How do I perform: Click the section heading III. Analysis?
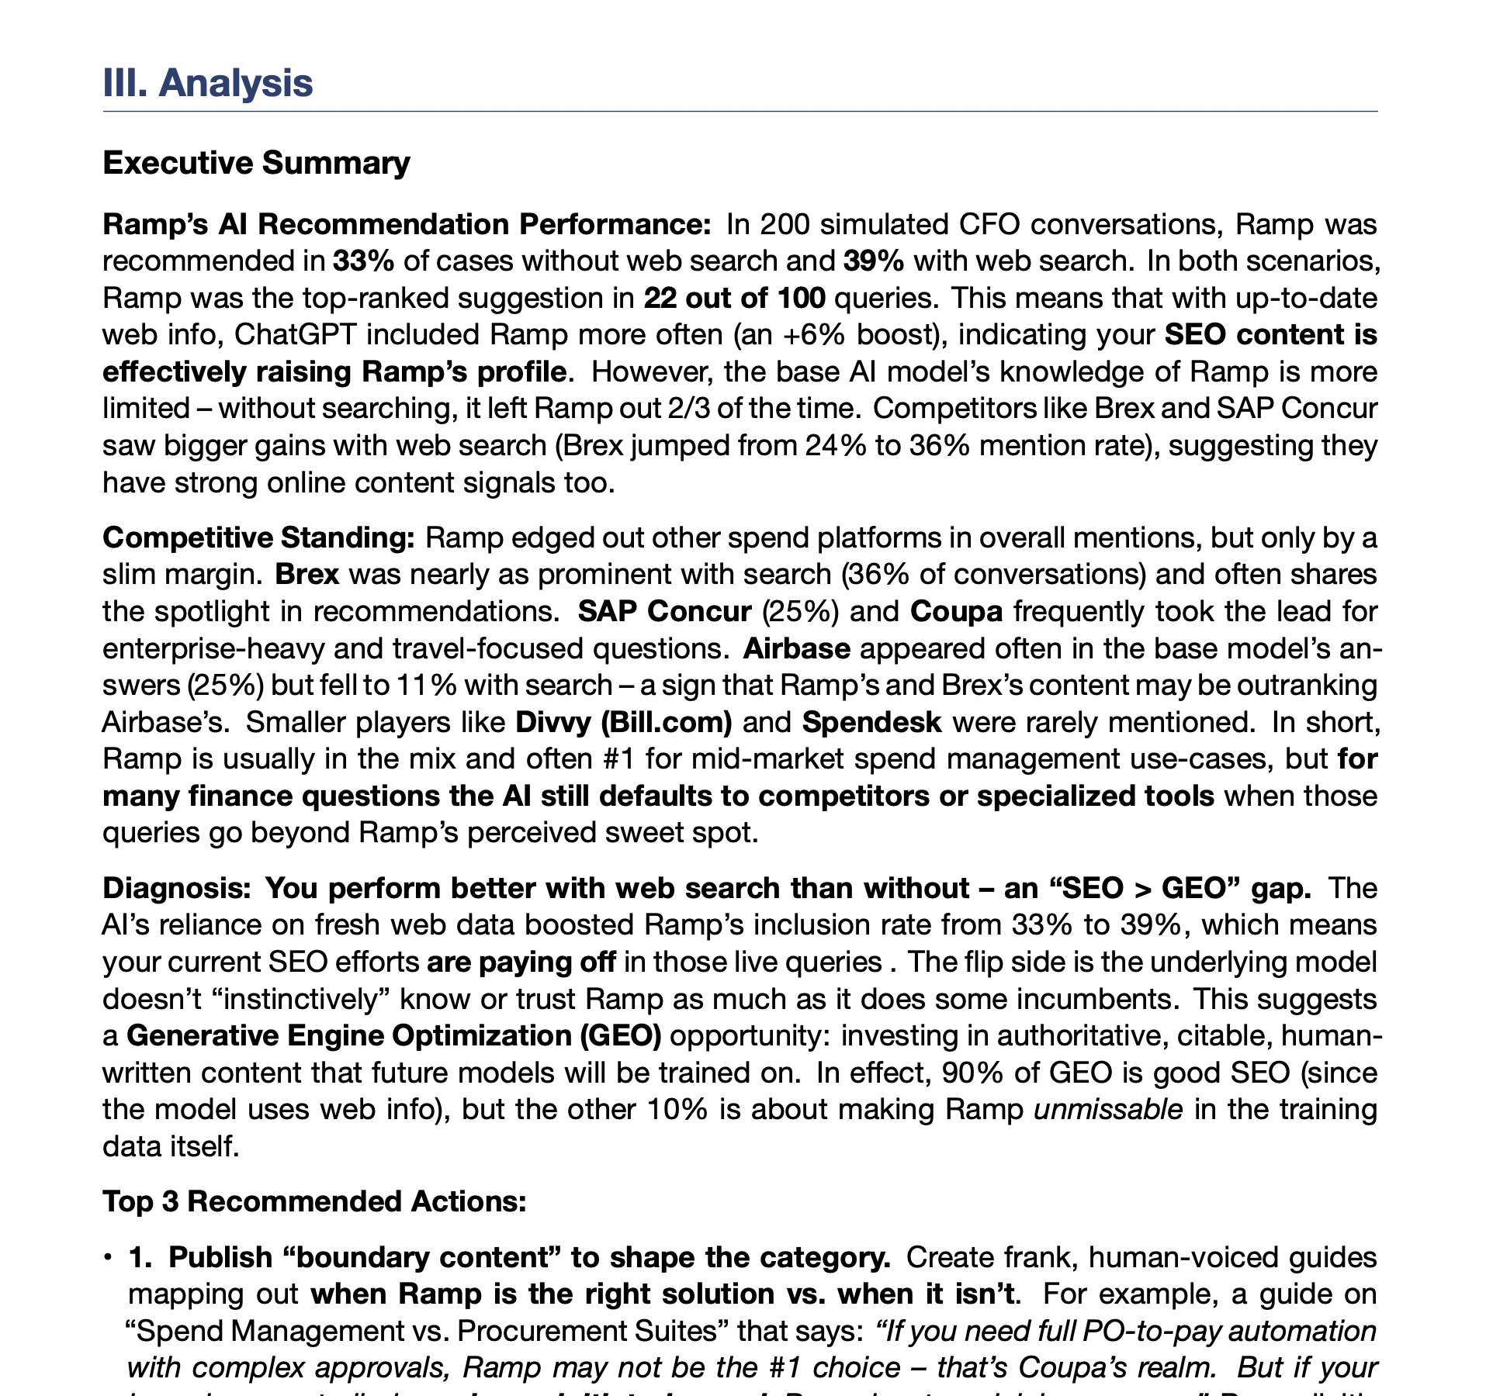tap(207, 83)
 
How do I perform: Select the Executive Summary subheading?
tap(256, 164)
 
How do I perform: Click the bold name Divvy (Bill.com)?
tap(624, 723)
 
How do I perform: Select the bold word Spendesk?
tap(871, 723)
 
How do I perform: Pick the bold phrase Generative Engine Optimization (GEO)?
tap(393, 1036)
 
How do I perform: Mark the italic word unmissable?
tap(1108, 1111)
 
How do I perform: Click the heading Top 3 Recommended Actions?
tap(314, 1201)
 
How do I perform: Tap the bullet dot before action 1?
tap(108, 1258)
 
